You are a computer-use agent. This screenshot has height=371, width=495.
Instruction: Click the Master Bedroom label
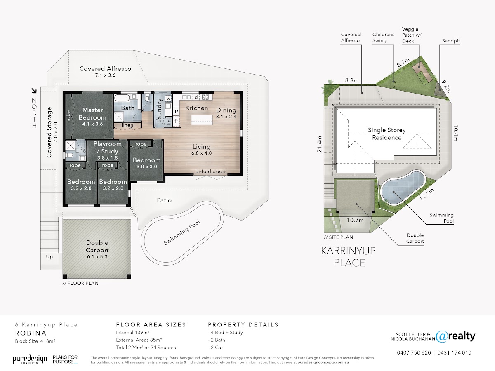(x=92, y=117)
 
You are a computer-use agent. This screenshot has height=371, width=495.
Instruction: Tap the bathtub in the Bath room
(x=122, y=98)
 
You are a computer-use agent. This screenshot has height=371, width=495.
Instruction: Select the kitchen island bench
(x=202, y=120)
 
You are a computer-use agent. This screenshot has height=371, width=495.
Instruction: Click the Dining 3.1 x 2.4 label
(x=226, y=113)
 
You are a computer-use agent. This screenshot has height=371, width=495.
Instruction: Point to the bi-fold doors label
(x=211, y=171)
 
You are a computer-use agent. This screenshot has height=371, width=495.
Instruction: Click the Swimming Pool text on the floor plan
(x=182, y=232)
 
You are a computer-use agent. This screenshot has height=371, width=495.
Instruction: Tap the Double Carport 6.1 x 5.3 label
(x=97, y=249)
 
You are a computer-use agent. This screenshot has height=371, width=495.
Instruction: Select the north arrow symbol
(x=34, y=91)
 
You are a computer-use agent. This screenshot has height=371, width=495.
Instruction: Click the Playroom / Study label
(x=108, y=150)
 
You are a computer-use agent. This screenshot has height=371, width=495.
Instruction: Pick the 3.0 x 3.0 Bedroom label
(x=146, y=163)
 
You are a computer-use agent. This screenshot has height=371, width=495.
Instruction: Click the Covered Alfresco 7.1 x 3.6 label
(x=105, y=71)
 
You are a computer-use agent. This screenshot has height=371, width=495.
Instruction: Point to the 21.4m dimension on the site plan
(x=319, y=144)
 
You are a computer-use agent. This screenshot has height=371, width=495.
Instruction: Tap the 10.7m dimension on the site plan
(x=355, y=220)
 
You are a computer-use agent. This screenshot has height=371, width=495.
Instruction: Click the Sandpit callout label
(x=451, y=41)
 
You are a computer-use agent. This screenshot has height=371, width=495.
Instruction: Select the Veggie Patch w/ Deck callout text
(x=412, y=35)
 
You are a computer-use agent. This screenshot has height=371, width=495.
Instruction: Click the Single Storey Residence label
(x=387, y=134)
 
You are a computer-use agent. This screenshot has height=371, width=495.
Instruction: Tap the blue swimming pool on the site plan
(x=403, y=188)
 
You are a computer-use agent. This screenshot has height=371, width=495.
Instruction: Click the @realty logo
(x=455, y=336)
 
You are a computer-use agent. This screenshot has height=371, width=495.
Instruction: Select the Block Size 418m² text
(x=35, y=341)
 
